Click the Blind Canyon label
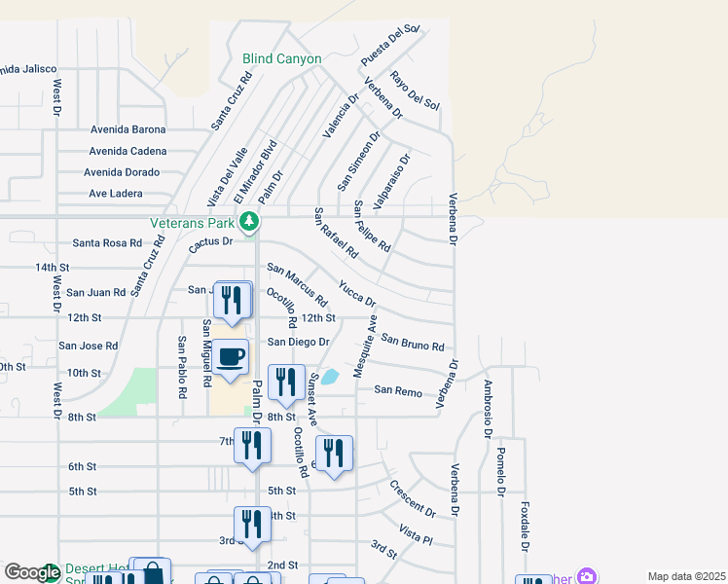click(281, 59)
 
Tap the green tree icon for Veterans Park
click(250, 222)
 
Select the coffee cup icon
click(231, 358)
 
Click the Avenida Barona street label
click(127, 129)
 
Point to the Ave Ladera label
click(115, 194)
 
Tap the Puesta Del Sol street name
click(389, 46)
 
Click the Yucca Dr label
click(356, 292)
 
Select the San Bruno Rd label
click(413, 343)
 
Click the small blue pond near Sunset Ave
click(330, 376)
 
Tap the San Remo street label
click(398, 390)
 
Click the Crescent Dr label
click(412, 498)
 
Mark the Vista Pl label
click(415, 532)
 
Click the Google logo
click(32, 572)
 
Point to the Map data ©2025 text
click(685, 576)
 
